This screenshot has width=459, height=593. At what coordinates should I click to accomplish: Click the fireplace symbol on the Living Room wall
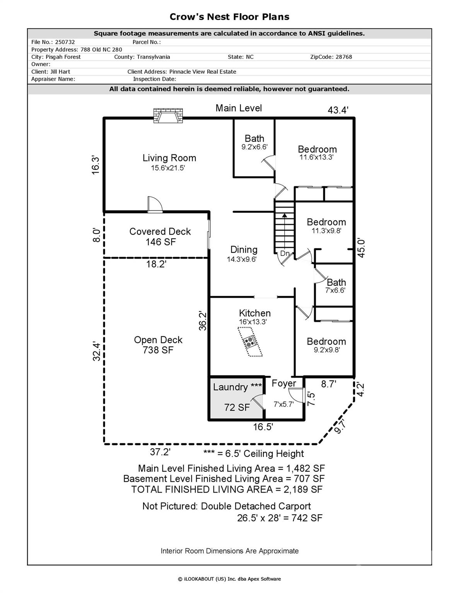(168, 115)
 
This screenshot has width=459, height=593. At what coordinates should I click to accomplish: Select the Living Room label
(169, 158)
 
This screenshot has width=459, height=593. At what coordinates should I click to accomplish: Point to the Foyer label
(283, 383)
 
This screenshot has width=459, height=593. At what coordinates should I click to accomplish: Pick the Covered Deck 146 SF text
(160, 237)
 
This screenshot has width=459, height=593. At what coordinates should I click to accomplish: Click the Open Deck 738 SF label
(158, 345)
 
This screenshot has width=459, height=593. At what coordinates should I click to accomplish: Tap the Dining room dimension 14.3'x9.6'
(241, 259)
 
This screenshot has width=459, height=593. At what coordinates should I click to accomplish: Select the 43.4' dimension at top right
(338, 110)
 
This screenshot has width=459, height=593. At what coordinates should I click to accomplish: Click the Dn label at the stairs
(285, 254)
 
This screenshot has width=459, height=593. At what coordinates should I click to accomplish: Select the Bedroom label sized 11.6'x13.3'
(317, 149)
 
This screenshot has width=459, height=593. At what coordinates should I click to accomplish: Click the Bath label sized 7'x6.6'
(336, 283)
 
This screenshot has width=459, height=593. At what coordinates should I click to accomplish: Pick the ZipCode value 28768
(342, 57)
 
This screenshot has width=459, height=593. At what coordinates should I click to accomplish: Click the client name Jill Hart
(60, 71)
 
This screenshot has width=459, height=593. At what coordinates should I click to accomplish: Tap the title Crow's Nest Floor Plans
(229, 17)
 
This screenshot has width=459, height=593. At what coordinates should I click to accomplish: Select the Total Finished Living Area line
(227, 490)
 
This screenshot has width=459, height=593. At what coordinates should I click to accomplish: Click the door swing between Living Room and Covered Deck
(155, 205)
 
